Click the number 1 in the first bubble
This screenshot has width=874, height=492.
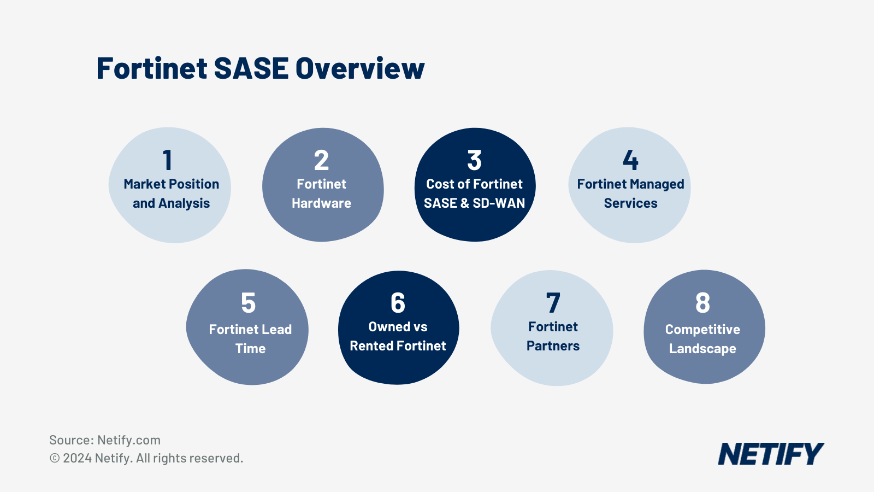pyautogui.click(x=168, y=160)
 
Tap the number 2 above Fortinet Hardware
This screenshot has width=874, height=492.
pyautogui.click(x=321, y=160)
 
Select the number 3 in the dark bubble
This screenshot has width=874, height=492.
pyautogui.click(x=474, y=160)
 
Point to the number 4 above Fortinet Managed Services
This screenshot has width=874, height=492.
pyautogui.click(x=630, y=160)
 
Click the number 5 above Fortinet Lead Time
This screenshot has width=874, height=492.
pyautogui.click(x=249, y=303)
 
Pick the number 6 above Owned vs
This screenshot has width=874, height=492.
pyautogui.click(x=398, y=303)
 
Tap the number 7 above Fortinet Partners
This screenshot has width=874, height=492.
pyautogui.click(x=553, y=303)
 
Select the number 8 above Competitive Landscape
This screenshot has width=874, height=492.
pyautogui.click(x=702, y=303)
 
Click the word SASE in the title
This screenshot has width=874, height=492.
pyautogui.click(x=251, y=69)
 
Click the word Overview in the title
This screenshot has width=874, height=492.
pyautogui.click(x=360, y=69)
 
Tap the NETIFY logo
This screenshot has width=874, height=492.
pyautogui.click(x=770, y=454)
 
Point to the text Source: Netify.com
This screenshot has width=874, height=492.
pyautogui.click(x=105, y=440)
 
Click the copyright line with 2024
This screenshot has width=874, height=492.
pyautogui.click(x=146, y=458)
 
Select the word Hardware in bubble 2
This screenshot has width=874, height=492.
pyautogui.click(x=321, y=203)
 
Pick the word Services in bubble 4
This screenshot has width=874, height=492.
pyautogui.click(x=630, y=203)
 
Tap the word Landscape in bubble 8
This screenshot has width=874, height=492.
pyautogui.click(x=702, y=349)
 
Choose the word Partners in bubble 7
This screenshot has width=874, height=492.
pyautogui.click(x=553, y=346)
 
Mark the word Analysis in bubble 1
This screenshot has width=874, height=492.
pyautogui.click(x=184, y=203)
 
